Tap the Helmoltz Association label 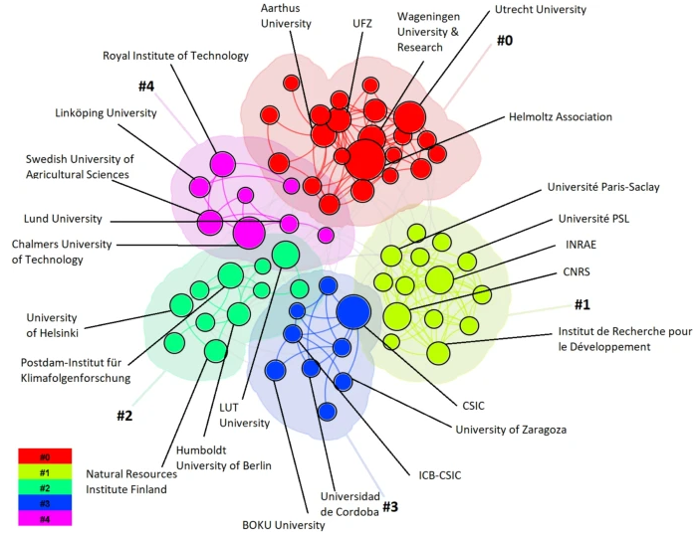(560, 117)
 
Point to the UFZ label (362, 22)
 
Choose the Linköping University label (106, 113)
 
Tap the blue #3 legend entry (45, 502)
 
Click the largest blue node (353, 312)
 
